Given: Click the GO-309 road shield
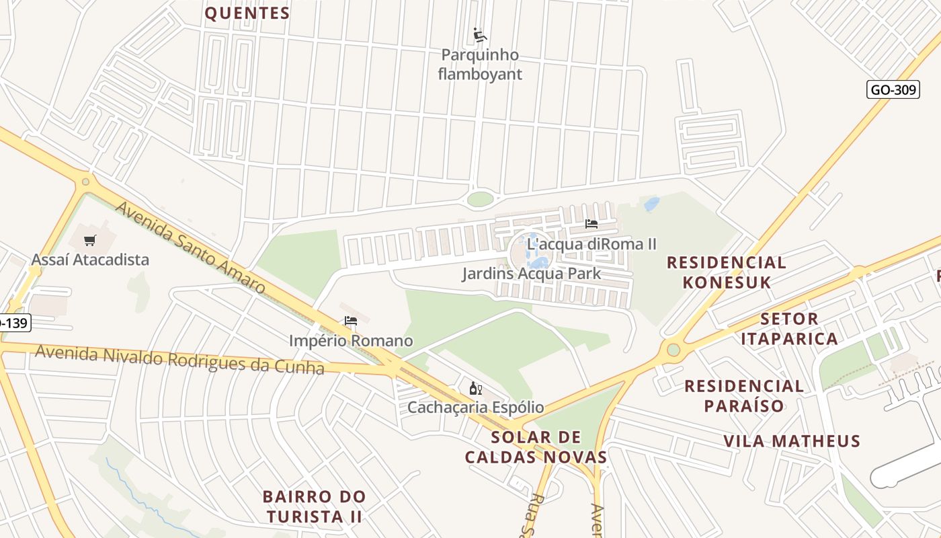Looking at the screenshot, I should [x=893, y=89].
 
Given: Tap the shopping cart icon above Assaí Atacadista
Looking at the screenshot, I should [x=90, y=240].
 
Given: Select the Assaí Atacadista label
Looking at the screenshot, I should [x=90, y=260].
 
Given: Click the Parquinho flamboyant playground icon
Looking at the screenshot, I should [x=480, y=35].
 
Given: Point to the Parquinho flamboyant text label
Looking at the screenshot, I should [x=480, y=65].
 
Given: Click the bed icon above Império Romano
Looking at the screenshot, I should [x=351, y=321].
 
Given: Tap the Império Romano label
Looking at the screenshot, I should [x=351, y=341].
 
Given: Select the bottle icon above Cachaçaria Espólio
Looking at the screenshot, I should [x=476, y=388].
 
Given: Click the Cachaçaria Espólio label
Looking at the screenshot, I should [x=476, y=408].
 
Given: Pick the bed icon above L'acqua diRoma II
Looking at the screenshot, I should [x=591, y=224].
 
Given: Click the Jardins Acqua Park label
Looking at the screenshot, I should [x=531, y=274].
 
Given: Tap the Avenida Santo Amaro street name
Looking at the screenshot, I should [x=190, y=247].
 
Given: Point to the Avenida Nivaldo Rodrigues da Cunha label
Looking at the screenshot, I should [x=179, y=359].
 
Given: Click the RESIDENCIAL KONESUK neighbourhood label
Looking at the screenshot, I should [x=726, y=272].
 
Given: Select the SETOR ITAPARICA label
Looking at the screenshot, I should [x=790, y=328].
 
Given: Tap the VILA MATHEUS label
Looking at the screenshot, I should [x=792, y=441].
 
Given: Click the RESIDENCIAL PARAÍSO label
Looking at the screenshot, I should [x=744, y=395].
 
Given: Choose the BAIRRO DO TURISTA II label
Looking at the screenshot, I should [x=314, y=506].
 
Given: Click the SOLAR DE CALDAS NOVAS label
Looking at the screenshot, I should [x=536, y=447].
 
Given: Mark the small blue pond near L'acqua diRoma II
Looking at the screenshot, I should [x=651, y=204].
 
